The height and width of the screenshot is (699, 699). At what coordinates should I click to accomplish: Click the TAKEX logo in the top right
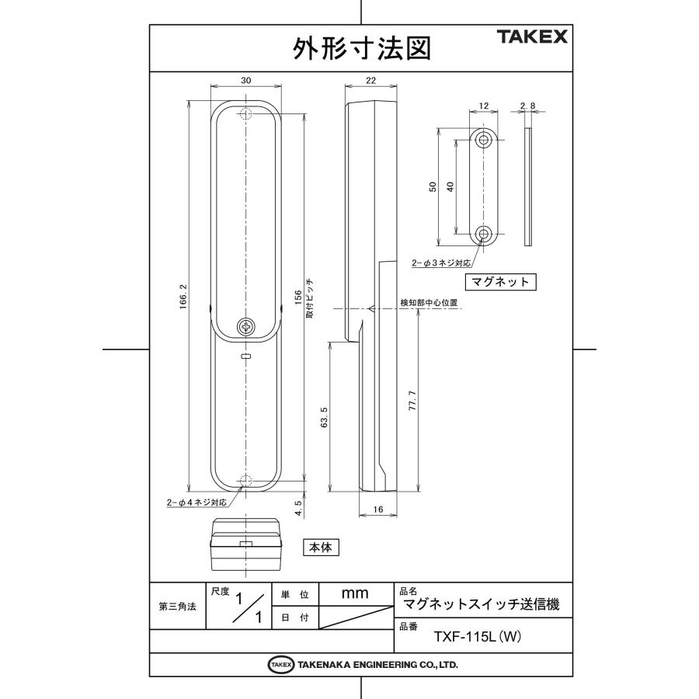tap(532, 37)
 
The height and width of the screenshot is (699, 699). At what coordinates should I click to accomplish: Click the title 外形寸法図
tap(360, 49)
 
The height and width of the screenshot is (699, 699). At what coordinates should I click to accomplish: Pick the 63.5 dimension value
tap(324, 418)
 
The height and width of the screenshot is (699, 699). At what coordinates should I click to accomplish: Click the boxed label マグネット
tap(501, 281)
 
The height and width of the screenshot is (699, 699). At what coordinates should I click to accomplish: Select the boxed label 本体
tap(321, 548)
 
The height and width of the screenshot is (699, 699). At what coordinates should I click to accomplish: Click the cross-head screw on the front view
tap(246, 327)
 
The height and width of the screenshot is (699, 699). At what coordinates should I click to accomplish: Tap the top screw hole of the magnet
tap(484, 141)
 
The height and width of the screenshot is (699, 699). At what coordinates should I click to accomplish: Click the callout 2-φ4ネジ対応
tap(197, 503)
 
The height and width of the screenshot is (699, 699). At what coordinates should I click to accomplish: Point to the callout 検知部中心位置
tap(428, 302)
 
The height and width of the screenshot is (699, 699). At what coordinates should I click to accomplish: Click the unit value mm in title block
tap(354, 593)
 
